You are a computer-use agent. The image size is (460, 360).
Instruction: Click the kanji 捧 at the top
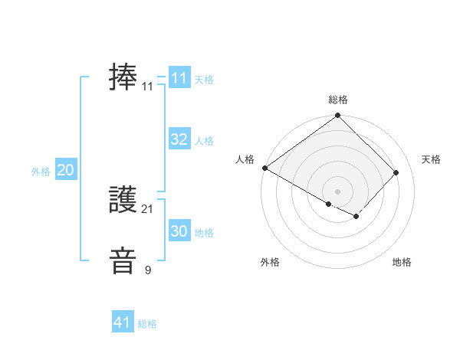coord(123,78)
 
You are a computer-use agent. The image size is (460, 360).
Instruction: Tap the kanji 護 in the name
coord(123,201)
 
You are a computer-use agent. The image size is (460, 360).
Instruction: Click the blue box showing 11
coord(179,78)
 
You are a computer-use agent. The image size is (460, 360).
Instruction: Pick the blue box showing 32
coord(179,139)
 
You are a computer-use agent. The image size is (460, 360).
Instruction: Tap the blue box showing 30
coord(179,231)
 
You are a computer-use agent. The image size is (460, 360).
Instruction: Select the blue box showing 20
coord(65,171)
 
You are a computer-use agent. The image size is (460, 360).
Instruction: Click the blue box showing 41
coord(123,323)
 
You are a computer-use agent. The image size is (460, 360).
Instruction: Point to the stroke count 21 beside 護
coord(148,209)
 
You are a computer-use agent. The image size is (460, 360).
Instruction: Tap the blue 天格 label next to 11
coord(204,79)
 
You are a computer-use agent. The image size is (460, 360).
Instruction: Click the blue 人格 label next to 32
coord(204,141)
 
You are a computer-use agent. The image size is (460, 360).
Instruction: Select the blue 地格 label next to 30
coord(204,233)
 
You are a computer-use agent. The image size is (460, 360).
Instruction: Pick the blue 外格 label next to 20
coord(41,172)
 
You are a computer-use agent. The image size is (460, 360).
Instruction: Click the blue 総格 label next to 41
coord(148,325)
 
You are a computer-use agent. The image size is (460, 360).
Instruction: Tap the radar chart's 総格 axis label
coord(338,100)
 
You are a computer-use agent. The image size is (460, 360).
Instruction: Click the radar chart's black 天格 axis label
coord(432,159)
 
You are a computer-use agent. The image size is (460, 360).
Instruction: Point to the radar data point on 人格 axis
coord(264,168)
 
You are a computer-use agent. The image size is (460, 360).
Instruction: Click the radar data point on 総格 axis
coord(338,116)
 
